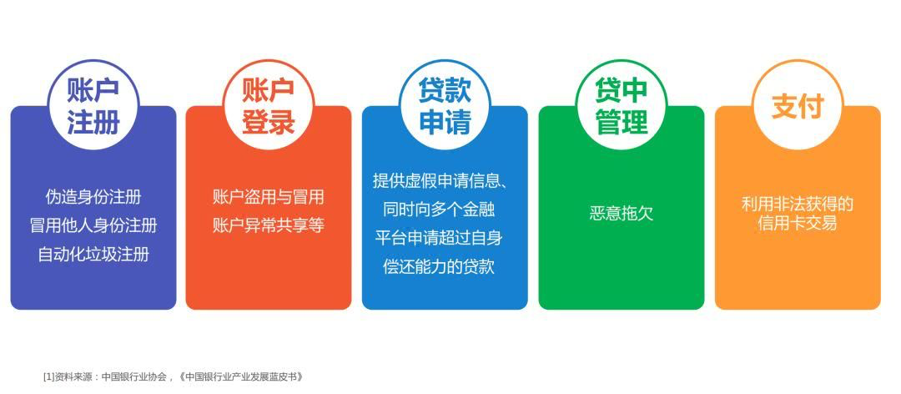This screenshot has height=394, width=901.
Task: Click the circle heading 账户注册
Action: tap(93, 104)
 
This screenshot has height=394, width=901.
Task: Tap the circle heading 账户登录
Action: tap(269, 104)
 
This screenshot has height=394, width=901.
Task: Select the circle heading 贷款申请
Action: tap(445, 104)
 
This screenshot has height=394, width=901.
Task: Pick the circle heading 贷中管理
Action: tap(622, 104)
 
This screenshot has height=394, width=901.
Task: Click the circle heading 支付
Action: tap(798, 104)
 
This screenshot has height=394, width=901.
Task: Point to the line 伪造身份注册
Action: tap(93, 197)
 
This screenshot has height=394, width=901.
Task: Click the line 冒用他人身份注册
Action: tap(93, 225)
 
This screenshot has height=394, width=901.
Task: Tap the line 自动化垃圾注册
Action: tap(93, 254)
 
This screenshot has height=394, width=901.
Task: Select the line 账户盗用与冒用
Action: tap(269, 197)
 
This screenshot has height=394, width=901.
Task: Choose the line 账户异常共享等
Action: tap(269, 225)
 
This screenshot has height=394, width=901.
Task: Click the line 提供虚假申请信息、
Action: tap(440, 180)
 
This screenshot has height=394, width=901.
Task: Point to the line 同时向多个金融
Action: tap(439, 209)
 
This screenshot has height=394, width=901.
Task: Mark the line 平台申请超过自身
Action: tap(439, 238)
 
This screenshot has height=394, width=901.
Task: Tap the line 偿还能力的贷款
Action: tap(439, 266)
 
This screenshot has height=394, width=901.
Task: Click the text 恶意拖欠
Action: tap(622, 214)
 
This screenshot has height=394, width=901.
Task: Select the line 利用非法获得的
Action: tap(798, 205)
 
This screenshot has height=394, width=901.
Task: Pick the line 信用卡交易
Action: tap(798, 223)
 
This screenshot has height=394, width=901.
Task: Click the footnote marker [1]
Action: tap(49, 377)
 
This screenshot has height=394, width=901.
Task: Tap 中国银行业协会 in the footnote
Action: tap(134, 377)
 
